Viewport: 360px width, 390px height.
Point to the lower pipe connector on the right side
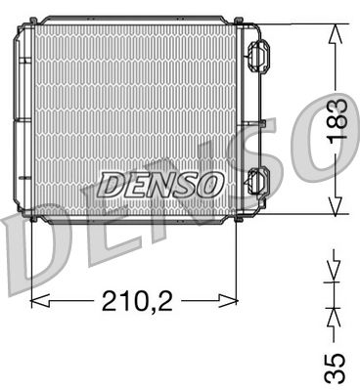coord(257,181)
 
